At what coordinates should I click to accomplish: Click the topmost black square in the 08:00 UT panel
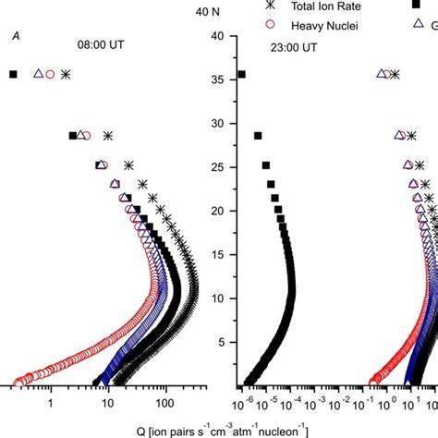tap(13, 74)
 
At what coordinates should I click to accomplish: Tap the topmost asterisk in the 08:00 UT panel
tap(66, 74)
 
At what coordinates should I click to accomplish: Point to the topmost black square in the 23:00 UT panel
tap(241, 74)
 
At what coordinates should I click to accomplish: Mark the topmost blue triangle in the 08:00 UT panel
tap(38, 74)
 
